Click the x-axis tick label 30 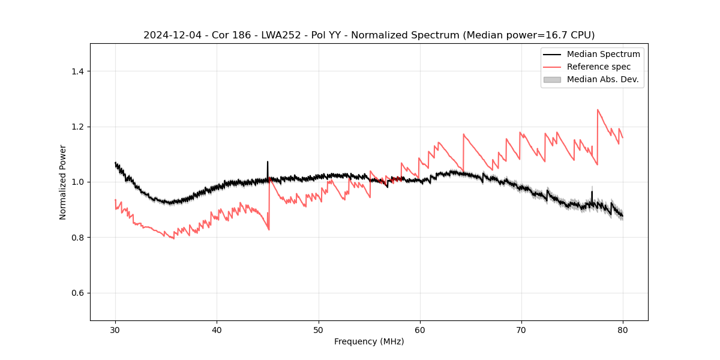click(x=115, y=329)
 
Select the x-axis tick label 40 click(x=217, y=329)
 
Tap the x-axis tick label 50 click(x=319, y=329)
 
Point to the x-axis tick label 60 click(x=420, y=329)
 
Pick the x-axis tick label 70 click(x=521, y=329)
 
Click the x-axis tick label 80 click(x=623, y=329)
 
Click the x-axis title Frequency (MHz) click(x=369, y=341)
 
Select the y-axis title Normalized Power click(x=63, y=182)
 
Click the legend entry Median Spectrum click(x=603, y=54)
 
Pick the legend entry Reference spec click(x=598, y=67)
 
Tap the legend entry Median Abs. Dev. click(x=602, y=79)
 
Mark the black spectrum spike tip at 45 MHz click(x=268, y=161)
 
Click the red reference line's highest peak click(x=598, y=109)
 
